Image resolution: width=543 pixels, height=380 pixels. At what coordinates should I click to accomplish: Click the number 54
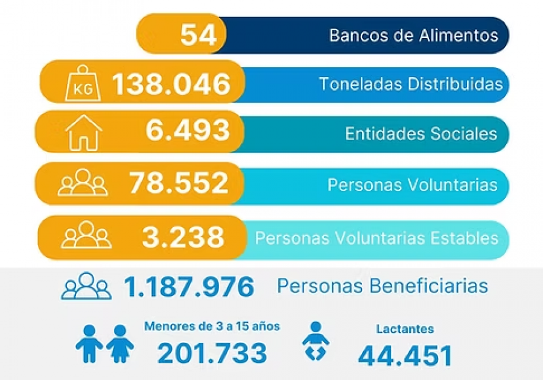(x=198, y=35)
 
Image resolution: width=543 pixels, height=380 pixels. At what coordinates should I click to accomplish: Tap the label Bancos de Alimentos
(x=414, y=35)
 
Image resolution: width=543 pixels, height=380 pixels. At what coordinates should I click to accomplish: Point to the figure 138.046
(x=171, y=84)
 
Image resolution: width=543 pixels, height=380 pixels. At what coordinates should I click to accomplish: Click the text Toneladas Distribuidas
(x=410, y=84)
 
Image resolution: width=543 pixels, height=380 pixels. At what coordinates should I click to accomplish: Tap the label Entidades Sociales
(x=421, y=134)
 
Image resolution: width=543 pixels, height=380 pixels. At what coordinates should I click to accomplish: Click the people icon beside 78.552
(x=83, y=183)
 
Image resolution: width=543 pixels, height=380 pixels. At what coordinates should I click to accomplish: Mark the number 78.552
(x=179, y=183)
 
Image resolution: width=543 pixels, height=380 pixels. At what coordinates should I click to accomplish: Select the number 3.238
(x=183, y=237)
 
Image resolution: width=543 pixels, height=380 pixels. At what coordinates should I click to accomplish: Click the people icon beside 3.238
(x=86, y=236)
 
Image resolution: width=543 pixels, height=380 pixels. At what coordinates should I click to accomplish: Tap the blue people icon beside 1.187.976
(x=86, y=287)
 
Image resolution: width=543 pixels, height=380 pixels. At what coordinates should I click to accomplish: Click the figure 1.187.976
(x=189, y=287)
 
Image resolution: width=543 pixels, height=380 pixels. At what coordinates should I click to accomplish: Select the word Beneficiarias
(x=433, y=286)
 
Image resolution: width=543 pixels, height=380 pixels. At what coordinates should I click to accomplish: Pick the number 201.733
(x=212, y=353)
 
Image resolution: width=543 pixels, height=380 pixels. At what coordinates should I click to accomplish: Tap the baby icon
(x=316, y=341)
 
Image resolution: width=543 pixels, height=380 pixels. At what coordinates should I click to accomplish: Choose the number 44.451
(x=405, y=355)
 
